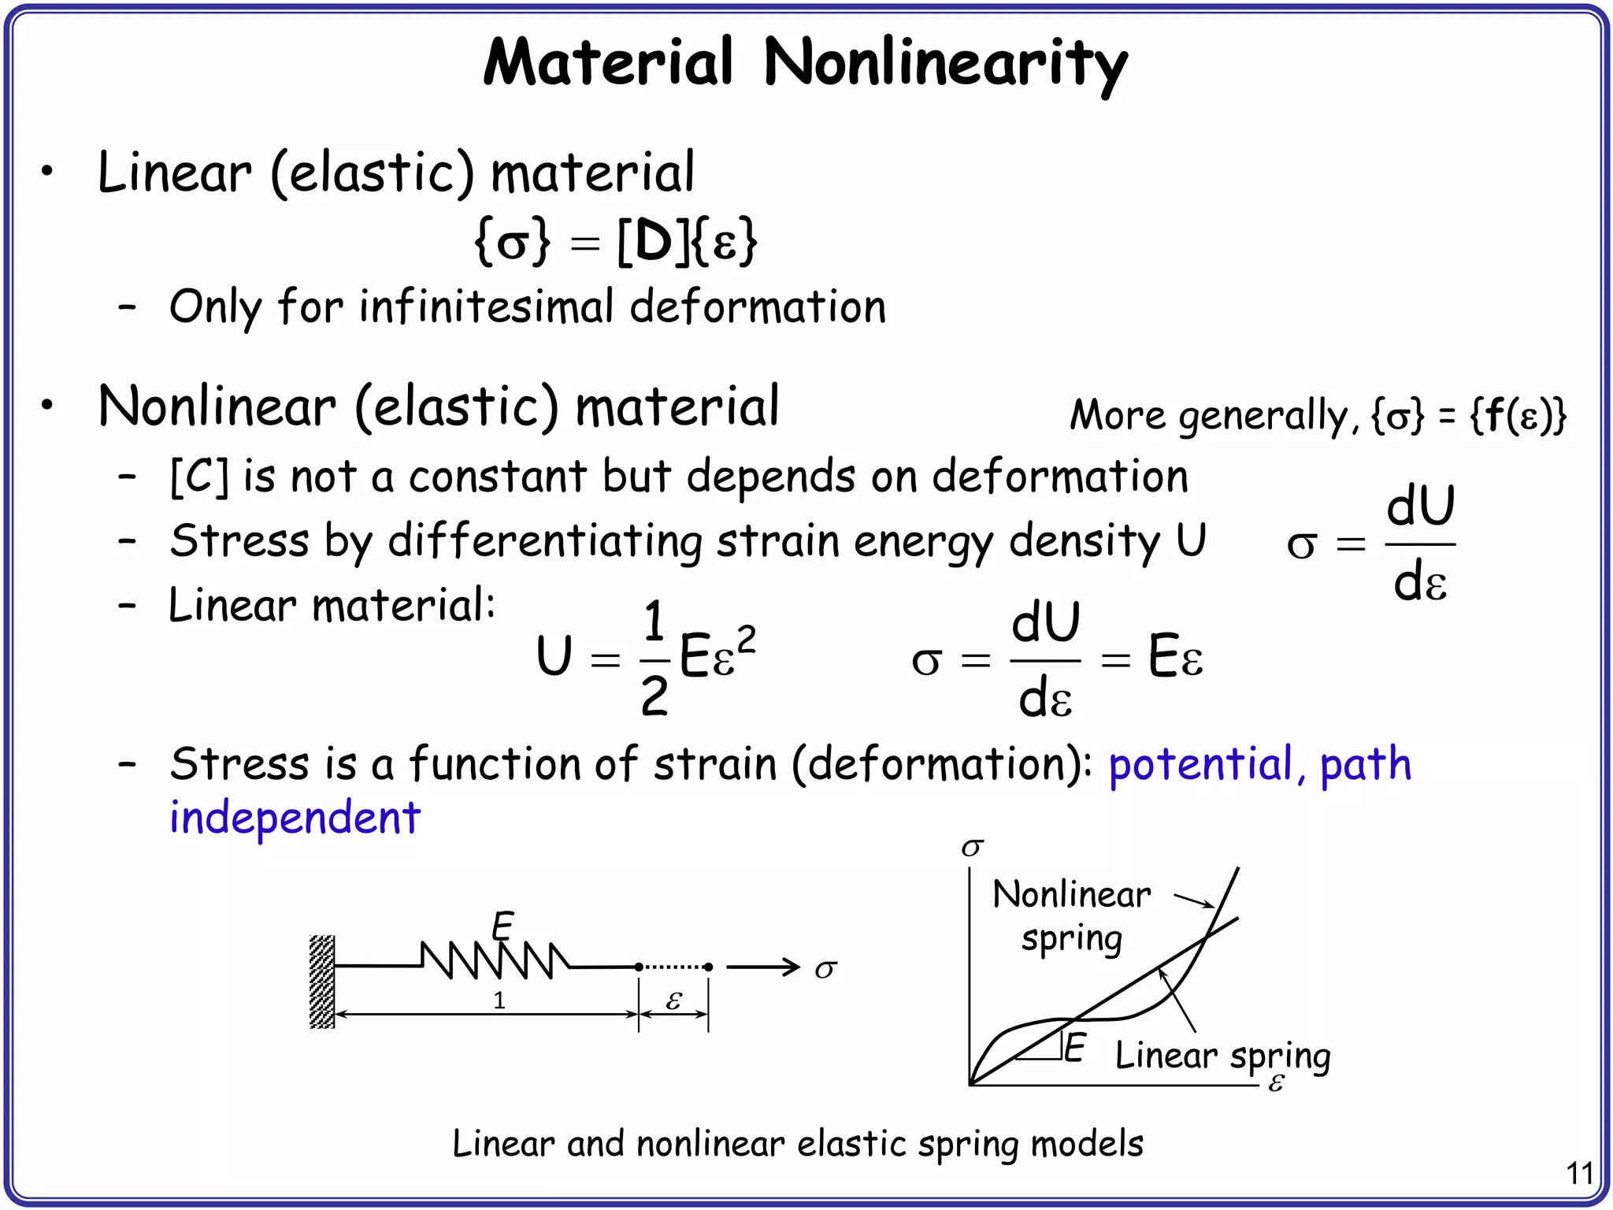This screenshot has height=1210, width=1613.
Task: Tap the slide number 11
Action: pos(1579,1174)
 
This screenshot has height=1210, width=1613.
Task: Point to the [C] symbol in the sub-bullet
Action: pos(199,477)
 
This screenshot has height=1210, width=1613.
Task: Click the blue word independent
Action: pos(295,818)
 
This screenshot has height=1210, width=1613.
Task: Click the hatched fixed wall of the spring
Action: pos(322,982)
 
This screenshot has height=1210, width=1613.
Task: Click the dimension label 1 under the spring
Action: pos(499,1000)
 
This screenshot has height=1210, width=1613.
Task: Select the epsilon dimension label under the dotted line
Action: pos(673,1001)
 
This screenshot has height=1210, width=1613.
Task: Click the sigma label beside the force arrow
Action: pos(825,969)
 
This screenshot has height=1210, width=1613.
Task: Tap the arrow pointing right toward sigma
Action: pos(762,967)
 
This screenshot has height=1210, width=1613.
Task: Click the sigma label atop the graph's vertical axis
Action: pos(973,848)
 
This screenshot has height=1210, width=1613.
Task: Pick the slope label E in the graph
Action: pos(1075,1048)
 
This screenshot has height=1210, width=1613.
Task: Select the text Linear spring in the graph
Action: pos(1222,1056)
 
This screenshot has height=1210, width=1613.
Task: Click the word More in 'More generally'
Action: pos(1117,415)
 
